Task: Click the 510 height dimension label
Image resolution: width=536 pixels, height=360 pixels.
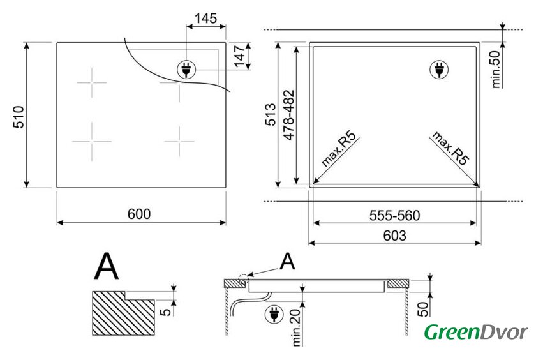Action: [x=19, y=117]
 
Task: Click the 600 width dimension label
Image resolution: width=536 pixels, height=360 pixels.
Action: [x=139, y=214]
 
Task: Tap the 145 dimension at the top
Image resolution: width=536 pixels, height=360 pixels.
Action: [x=205, y=18]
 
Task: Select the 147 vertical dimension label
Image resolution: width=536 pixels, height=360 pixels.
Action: [x=240, y=56]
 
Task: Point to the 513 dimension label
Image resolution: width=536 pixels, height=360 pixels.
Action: [x=271, y=114]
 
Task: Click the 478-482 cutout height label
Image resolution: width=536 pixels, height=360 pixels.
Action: [x=289, y=116]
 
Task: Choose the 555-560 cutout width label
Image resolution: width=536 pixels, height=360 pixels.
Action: [x=394, y=216]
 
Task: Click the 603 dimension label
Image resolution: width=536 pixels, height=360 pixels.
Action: [x=395, y=236]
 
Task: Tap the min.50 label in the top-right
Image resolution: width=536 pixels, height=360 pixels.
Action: [x=496, y=70]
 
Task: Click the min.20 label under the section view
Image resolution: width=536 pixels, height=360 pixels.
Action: [x=296, y=327]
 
